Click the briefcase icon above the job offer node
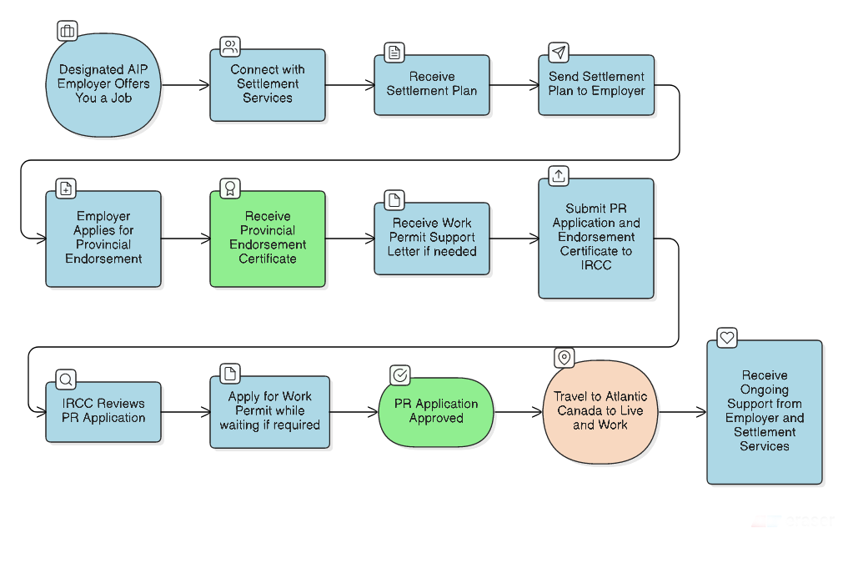(68, 32)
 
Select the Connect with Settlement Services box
(268, 84)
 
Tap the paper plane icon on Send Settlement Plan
(559, 53)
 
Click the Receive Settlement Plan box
(431, 84)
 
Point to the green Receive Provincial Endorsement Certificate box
(268, 239)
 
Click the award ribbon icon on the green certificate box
(229, 188)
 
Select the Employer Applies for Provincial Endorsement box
(103, 239)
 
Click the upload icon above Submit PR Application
(559, 175)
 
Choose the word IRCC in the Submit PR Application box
(596, 265)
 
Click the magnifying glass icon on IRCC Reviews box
(66, 380)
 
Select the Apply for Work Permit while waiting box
(269, 411)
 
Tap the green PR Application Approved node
(436, 411)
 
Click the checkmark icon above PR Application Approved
(399, 375)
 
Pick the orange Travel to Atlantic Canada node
(600, 411)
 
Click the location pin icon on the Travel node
(565, 357)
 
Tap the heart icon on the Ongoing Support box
(727, 338)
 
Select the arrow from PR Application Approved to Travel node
(518, 412)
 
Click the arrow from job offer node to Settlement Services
(185, 85)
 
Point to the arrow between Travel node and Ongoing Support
(682, 412)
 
